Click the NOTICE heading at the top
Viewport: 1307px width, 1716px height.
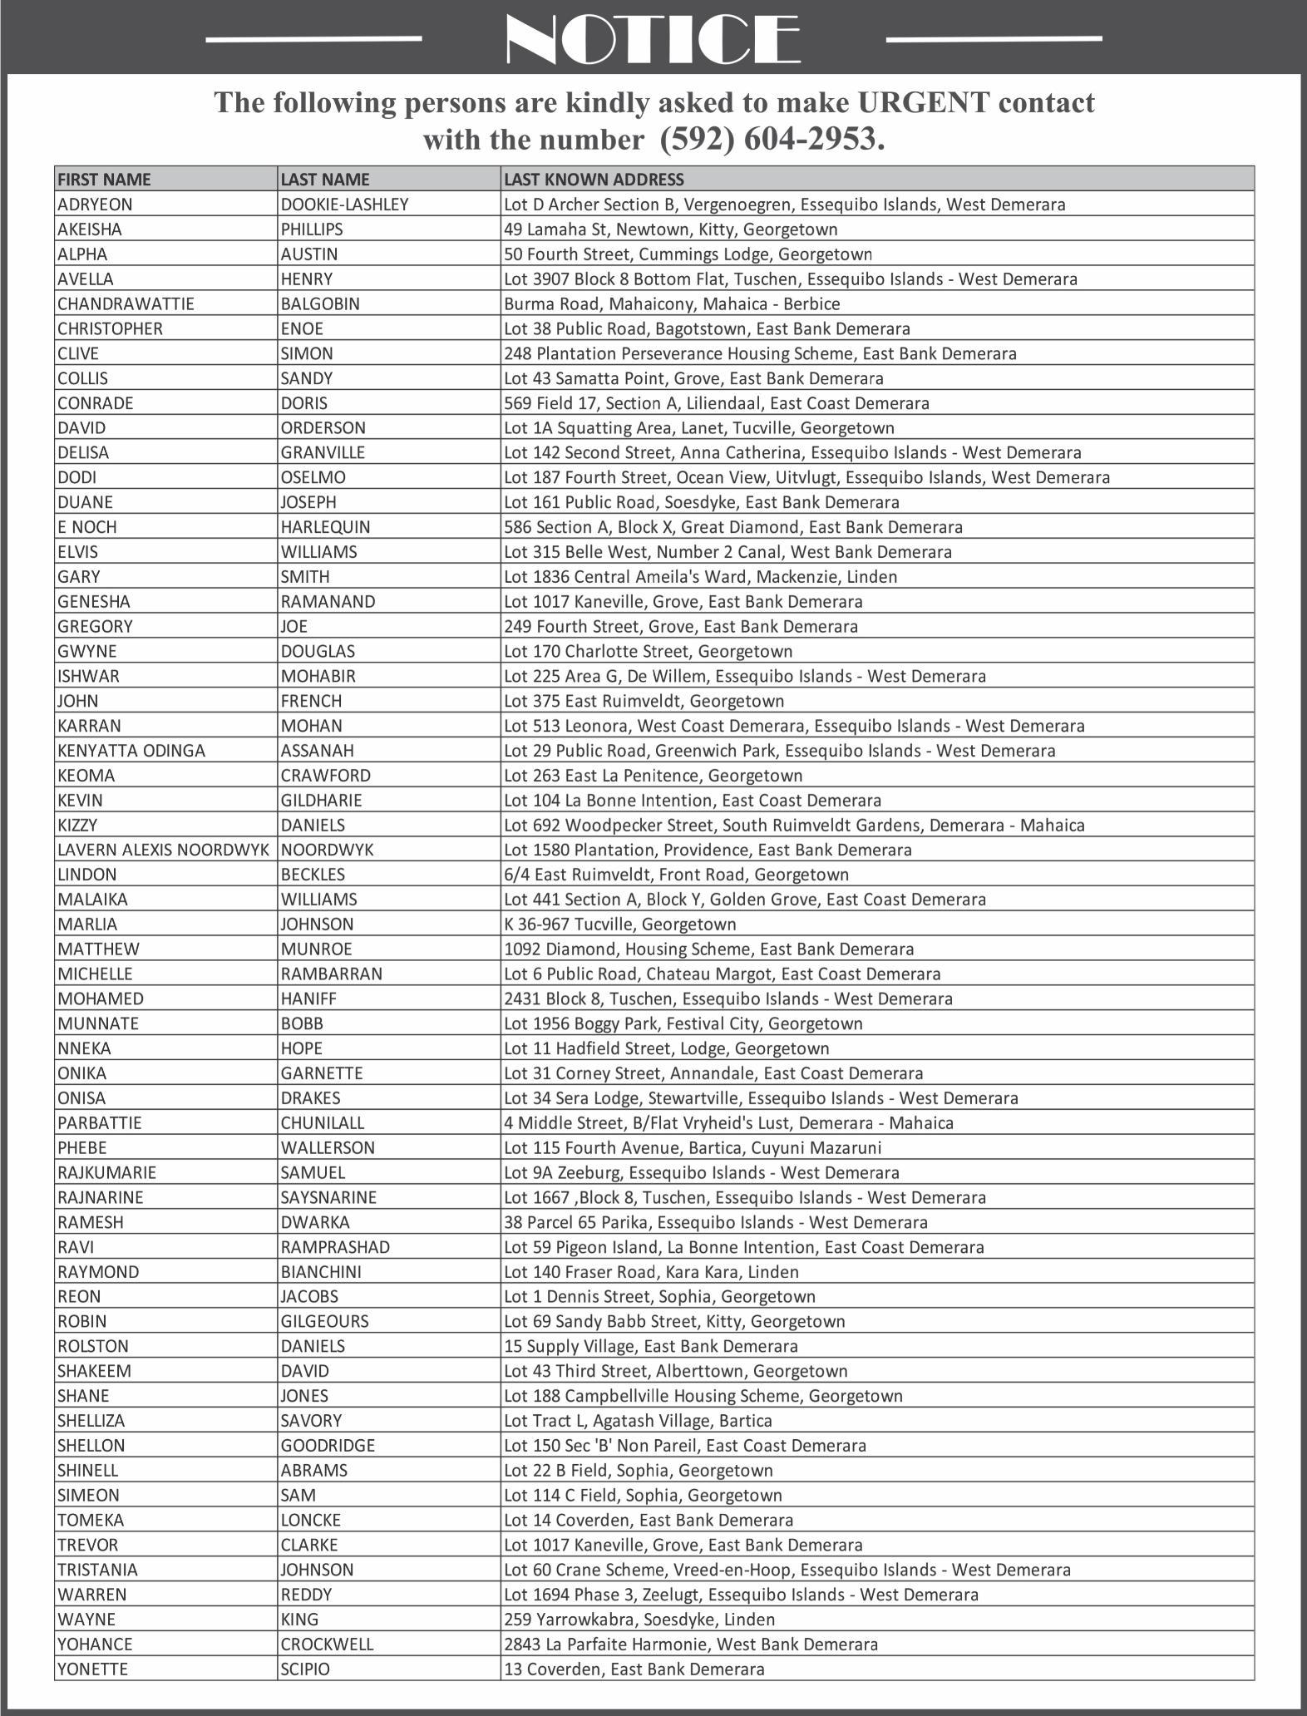click(x=653, y=39)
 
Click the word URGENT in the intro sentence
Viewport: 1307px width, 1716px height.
click(x=924, y=102)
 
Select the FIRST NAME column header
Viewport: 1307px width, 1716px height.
click(x=104, y=179)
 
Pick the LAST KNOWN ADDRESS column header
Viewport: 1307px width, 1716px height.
click(x=594, y=179)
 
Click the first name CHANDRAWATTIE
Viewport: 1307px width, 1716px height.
click(x=126, y=303)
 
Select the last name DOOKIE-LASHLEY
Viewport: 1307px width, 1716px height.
click(x=344, y=205)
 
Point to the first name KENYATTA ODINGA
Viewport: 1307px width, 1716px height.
click(x=131, y=751)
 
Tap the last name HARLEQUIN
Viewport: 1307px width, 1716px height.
click(x=325, y=527)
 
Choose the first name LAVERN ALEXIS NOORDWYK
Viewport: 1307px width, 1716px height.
click(x=163, y=850)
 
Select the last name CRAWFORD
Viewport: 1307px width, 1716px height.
click(x=325, y=776)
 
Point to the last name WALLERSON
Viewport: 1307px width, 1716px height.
click(x=328, y=1147)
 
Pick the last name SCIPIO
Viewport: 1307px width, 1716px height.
click(x=305, y=1669)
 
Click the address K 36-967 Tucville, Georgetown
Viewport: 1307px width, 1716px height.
click(x=619, y=924)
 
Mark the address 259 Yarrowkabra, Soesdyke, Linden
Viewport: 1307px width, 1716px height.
click(x=639, y=1619)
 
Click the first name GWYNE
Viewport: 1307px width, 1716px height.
click(x=86, y=651)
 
